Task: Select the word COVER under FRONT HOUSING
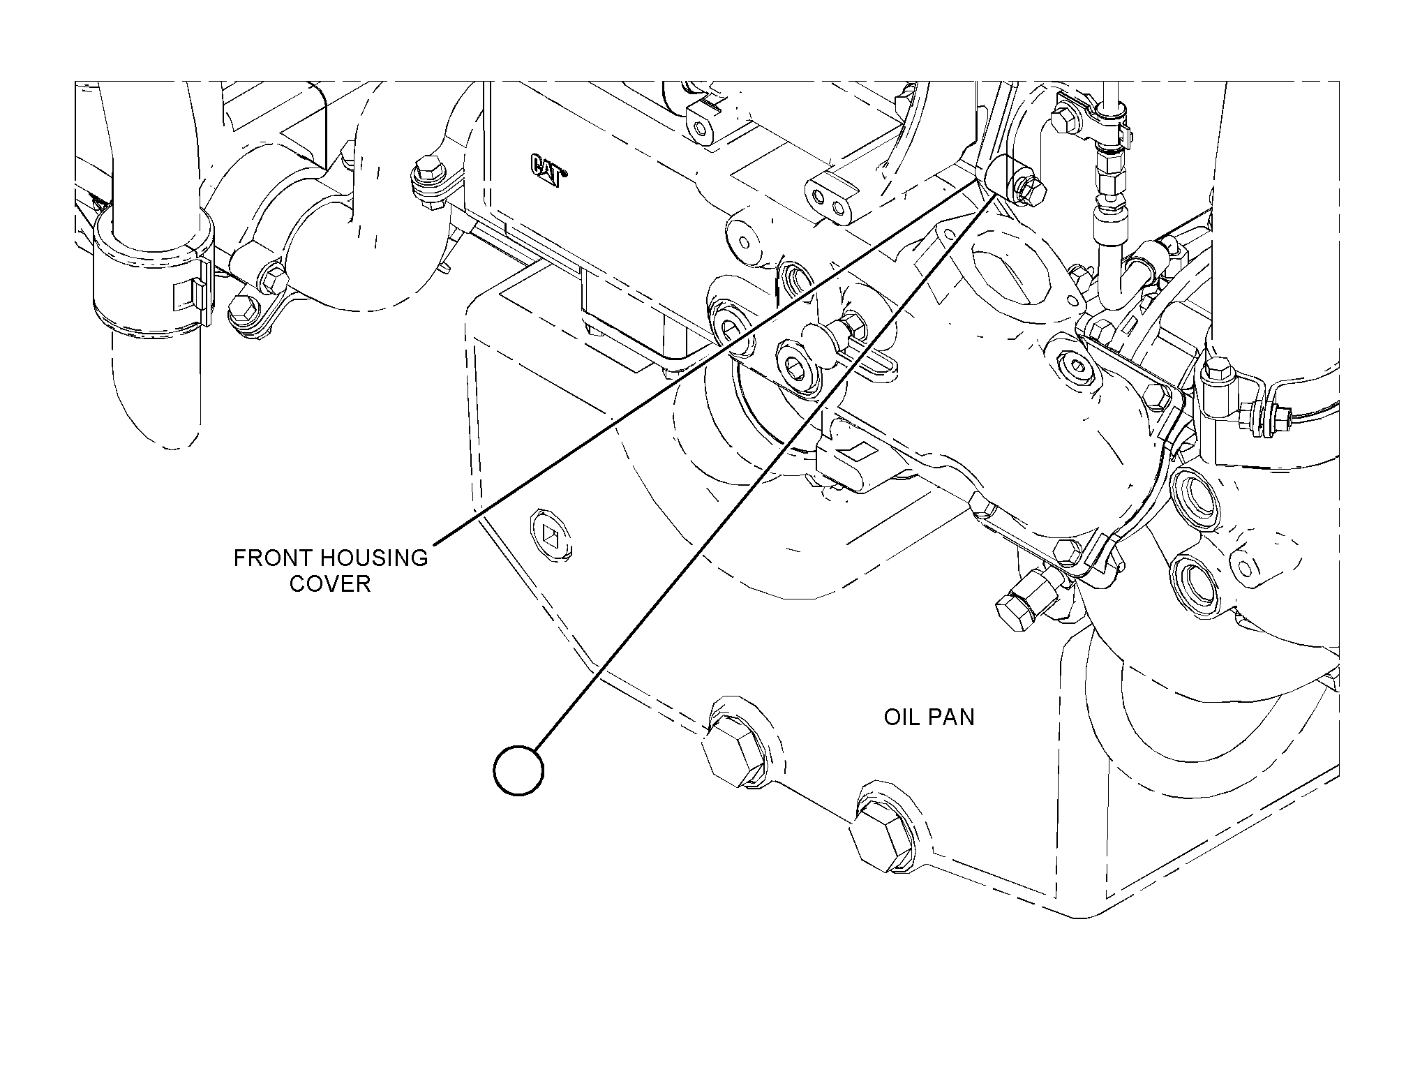tap(330, 584)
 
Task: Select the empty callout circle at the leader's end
tap(518, 770)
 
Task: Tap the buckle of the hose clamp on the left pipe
tap(191, 293)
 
